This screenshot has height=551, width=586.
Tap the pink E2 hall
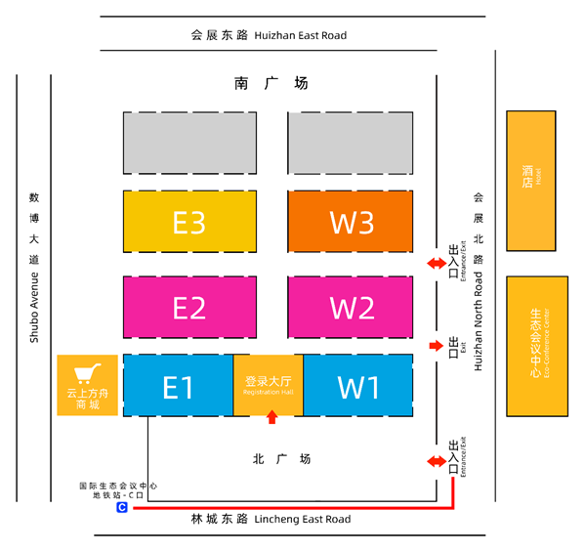pos(188,308)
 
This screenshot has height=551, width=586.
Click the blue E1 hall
pos(178,387)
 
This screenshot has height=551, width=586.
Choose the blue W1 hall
pos(358,387)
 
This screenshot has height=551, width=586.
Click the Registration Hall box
pos(269,385)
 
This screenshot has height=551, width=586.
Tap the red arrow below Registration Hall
pos(272,418)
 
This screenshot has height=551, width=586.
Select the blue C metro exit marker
pos(122,508)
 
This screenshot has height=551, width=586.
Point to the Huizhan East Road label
pos(269,35)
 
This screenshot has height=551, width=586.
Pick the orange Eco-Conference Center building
pos(536,345)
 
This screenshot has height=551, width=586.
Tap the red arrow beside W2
pos(436,346)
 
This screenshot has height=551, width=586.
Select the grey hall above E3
pos(188,143)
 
